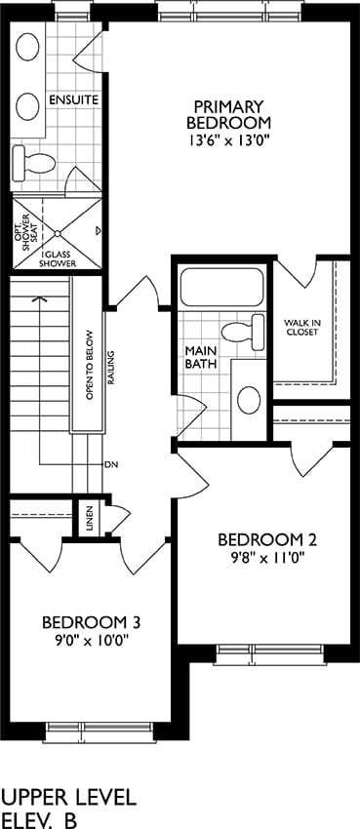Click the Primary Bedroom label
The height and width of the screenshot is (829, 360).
pyautogui.click(x=228, y=114)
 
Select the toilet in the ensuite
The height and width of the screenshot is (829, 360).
pyautogui.click(x=33, y=161)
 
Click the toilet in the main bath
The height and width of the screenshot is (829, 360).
pyautogui.click(x=243, y=332)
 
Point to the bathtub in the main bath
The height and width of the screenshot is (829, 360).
pyautogui.click(x=221, y=287)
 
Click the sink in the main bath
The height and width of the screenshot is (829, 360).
pyautogui.click(x=249, y=400)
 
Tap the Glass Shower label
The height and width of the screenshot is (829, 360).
pyautogui.click(x=60, y=257)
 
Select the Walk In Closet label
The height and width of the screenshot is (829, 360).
pyautogui.click(x=301, y=328)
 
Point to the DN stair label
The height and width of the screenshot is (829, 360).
pyautogui.click(x=110, y=465)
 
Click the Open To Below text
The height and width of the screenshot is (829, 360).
pyautogui.click(x=89, y=365)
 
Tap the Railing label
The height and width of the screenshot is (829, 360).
pyautogui.click(x=110, y=367)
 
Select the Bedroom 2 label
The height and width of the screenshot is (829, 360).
pyautogui.click(x=267, y=540)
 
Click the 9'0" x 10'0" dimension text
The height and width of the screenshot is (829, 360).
pyautogui.click(x=92, y=641)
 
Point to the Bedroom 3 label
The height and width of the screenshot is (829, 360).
pyautogui.click(x=92, y=623)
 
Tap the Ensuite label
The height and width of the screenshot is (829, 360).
pyautogui.click(x=73, y=99)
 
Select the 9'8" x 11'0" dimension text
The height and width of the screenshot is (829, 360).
pyautogui.click(x=267, y=557)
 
